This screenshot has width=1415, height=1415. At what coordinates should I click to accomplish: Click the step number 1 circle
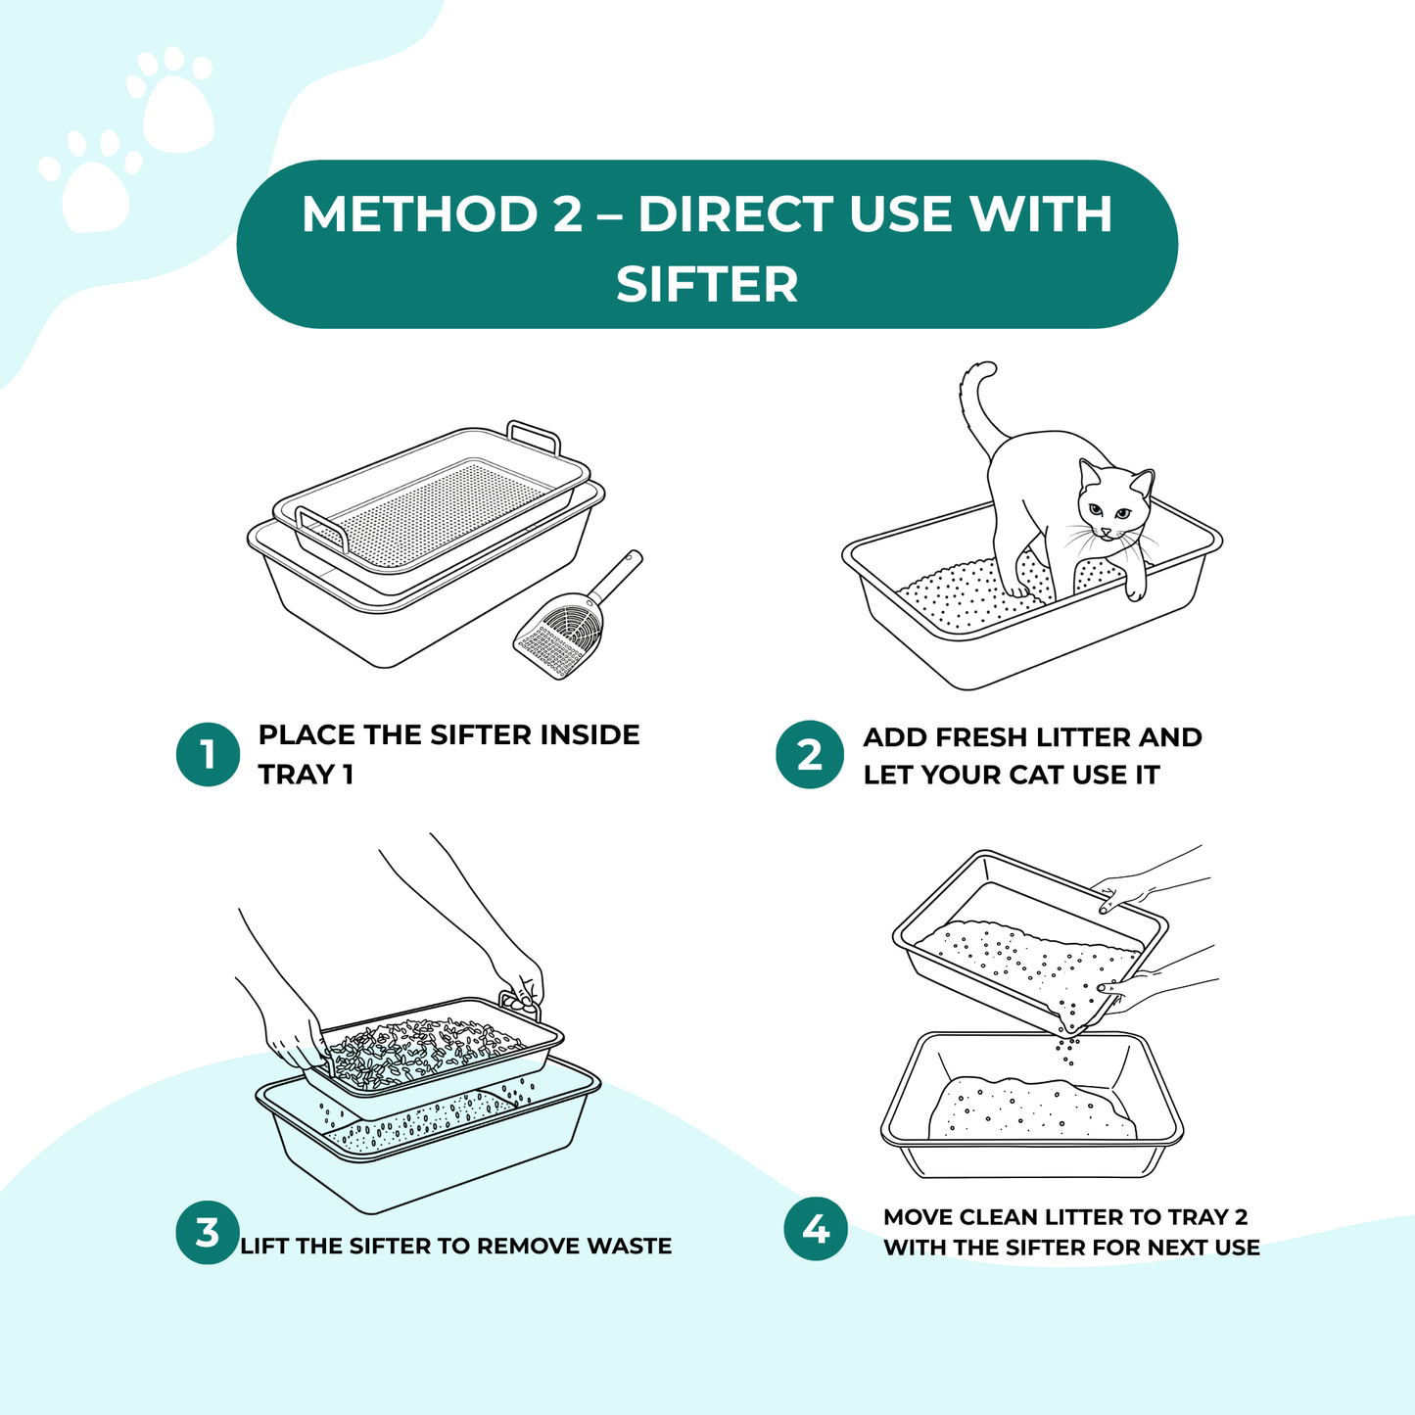pyautogui.click(x=208, y=755)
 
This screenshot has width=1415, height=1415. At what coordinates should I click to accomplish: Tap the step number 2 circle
pyautogui.click(x=809, y=755)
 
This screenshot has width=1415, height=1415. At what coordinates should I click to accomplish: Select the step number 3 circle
pyautogui.click(x=208, y=1232)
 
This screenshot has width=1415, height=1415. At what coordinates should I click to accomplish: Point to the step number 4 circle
pyautogui.click(x=816, y=1229)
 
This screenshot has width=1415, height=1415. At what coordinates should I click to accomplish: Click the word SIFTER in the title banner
pyautogui.click(x=707, y=284)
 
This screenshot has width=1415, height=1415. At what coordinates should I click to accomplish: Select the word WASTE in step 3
pyautogui.click(x=629, y=1247)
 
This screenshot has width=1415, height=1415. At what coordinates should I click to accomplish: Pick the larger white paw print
pyautogui.click(x=176, y=103)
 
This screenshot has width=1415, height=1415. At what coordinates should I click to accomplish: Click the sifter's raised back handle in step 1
pyautogui.click(x=534, y=435)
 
